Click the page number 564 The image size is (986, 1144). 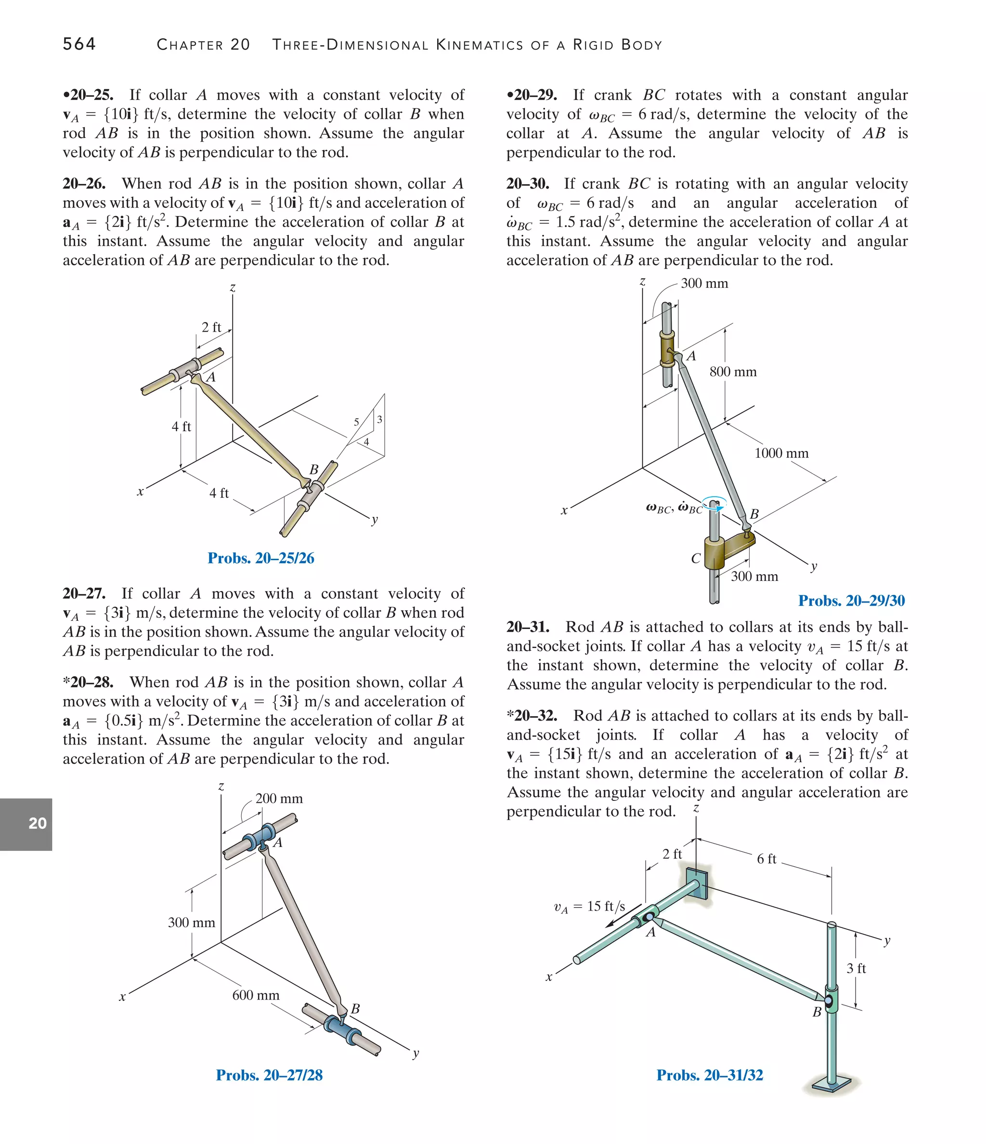pyautogui.click(x=79, y=44)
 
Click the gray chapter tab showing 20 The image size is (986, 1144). pyautogui.click(x=26, y=824)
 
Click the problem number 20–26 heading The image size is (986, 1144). pyautogui.click(x=84, y=184)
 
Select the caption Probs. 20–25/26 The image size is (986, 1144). pyautogui.click(x=261, y=558)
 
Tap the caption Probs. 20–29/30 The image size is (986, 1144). pyautogui.click(x=851, y=601)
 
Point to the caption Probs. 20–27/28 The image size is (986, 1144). pyautogui.click(x=269, y=1075)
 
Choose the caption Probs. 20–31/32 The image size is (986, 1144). pyautogui.click(x=709, y=1075)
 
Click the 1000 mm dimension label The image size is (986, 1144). pyautogui.click(x=781, y=453)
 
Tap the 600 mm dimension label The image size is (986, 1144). pyautogui.click(x=256, y=995)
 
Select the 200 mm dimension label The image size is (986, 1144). pyautogui.click(x=279, y=799)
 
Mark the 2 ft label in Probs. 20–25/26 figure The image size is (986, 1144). pyautogui.click(x=211, y=327)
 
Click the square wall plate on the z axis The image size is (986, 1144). pyautogui.click(x=697, y=884)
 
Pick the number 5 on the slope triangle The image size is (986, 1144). pyautogui.click(x=356, y=423)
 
